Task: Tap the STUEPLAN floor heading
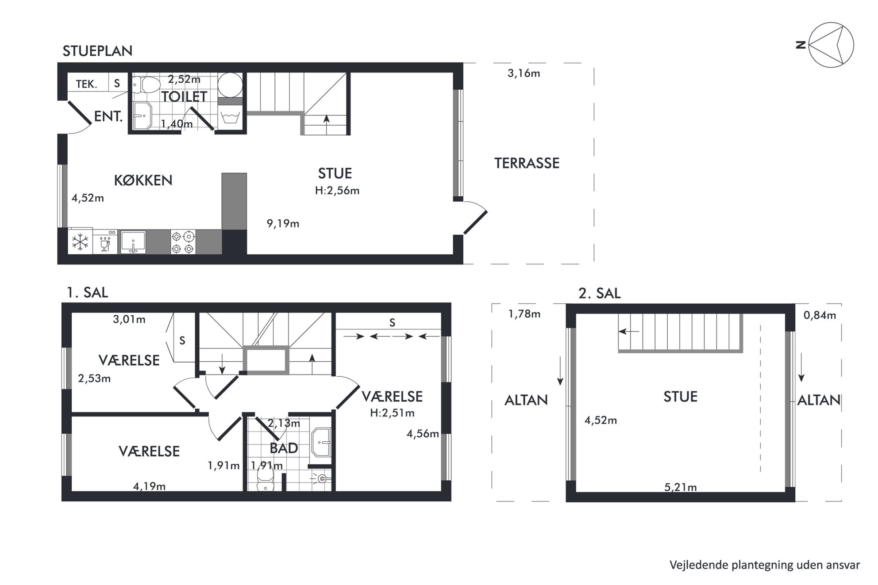[97, 51]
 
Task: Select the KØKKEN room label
[143, 180]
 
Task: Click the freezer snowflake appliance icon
[80, 242]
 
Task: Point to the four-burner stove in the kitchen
[183, 242]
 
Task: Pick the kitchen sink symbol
[133, 242]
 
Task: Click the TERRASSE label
[527, 163]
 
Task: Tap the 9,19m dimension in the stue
[283, 224]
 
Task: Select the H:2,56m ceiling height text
[337, 191]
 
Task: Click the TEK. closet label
[87, 84]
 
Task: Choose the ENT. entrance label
[108, 117]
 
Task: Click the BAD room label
[284, 448]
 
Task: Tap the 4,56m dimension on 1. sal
[423, 434]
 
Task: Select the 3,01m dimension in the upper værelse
[129, 319]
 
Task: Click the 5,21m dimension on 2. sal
[681, 487]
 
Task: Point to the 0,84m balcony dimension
[820, 315]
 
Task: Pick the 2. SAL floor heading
[600, 293]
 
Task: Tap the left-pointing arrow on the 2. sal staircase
[629, 331]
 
